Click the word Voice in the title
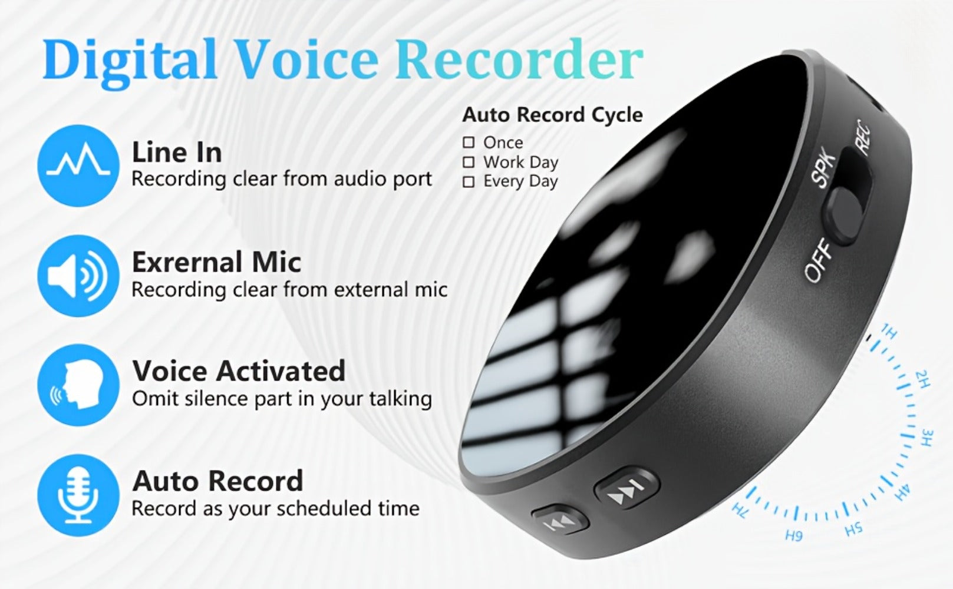tap(305, 59)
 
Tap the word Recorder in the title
tap(519, 59)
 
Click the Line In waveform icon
tap(78, 166)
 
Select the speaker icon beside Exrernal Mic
tap(78, 276)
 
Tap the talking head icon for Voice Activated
tap(78, 385)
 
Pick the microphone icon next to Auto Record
tap(78, 495)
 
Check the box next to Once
tap(469, 143)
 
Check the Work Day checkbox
tap(469, 162)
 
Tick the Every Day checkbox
tap(469, 182)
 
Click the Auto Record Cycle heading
tap(552, 115)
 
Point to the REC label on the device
tap(863, 137)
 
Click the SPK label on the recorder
tap(823, 167)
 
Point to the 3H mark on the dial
tap(928, 438)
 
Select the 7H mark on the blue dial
tap(740, 511)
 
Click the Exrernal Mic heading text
tap(216, 262)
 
